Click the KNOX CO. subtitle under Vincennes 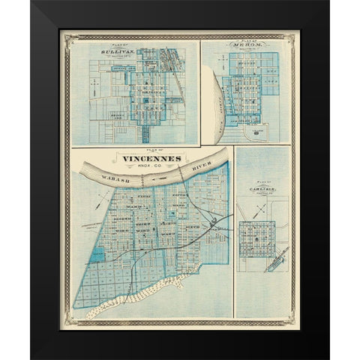point(149,168)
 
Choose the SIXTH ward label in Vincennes point(193,223)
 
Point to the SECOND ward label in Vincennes point(120,214)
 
